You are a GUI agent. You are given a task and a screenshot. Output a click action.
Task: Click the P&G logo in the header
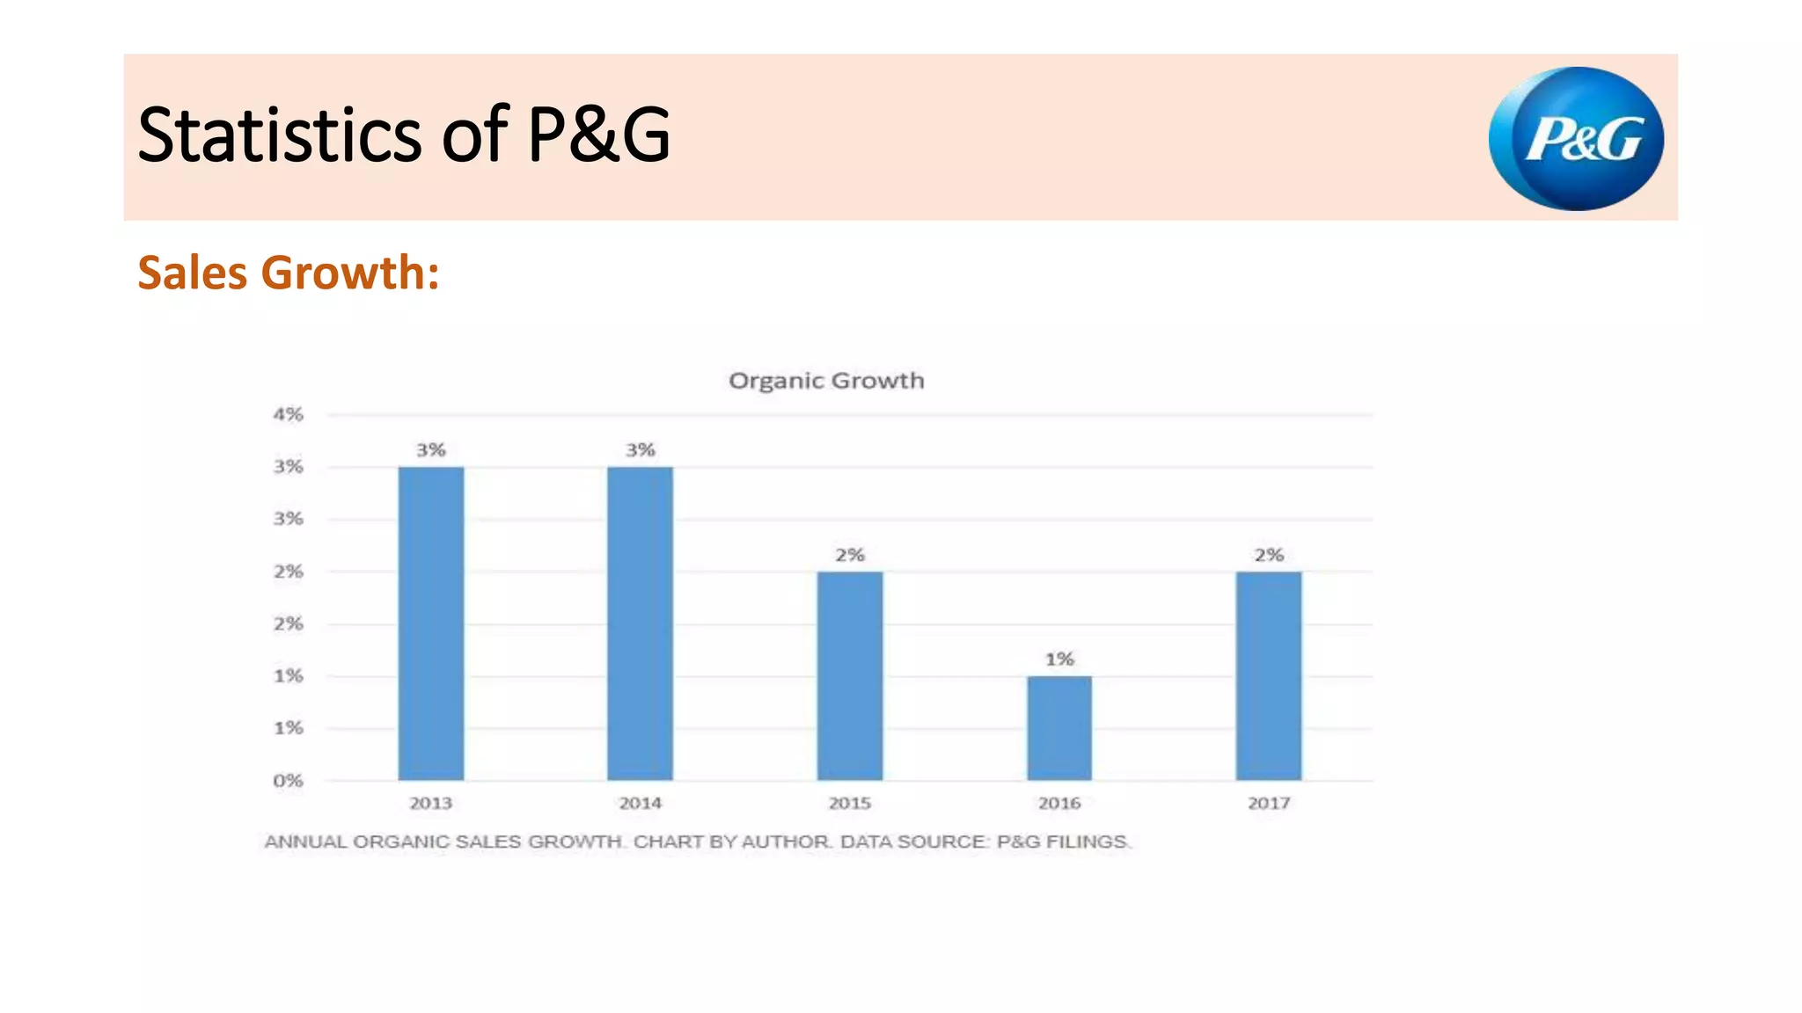coord(1576,139)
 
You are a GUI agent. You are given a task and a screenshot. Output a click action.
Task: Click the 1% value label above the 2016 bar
coord(1059,659)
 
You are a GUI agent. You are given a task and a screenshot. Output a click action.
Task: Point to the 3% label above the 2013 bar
coord(431,450)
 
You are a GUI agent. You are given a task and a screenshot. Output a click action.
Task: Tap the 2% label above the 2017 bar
coord(1269,555)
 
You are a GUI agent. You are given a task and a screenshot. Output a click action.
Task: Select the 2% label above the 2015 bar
coord(849,555)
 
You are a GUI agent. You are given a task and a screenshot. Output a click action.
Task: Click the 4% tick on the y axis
coord(288,414)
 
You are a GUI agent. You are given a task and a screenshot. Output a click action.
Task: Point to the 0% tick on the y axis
coord(288,781)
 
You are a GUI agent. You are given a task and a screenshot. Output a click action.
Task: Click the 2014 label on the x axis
coord(640,803)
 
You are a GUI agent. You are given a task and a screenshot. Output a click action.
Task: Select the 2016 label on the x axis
coord(1059,803)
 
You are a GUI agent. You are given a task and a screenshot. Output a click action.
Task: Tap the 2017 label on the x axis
coord(1269,803)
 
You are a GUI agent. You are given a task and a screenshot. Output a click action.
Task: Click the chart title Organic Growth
coord(826,381)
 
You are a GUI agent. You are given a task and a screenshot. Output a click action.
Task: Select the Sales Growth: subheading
coord(289,273)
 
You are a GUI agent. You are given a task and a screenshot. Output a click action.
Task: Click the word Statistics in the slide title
coord(280,135)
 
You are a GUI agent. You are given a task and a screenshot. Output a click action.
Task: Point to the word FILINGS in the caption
coord(1088,842)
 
